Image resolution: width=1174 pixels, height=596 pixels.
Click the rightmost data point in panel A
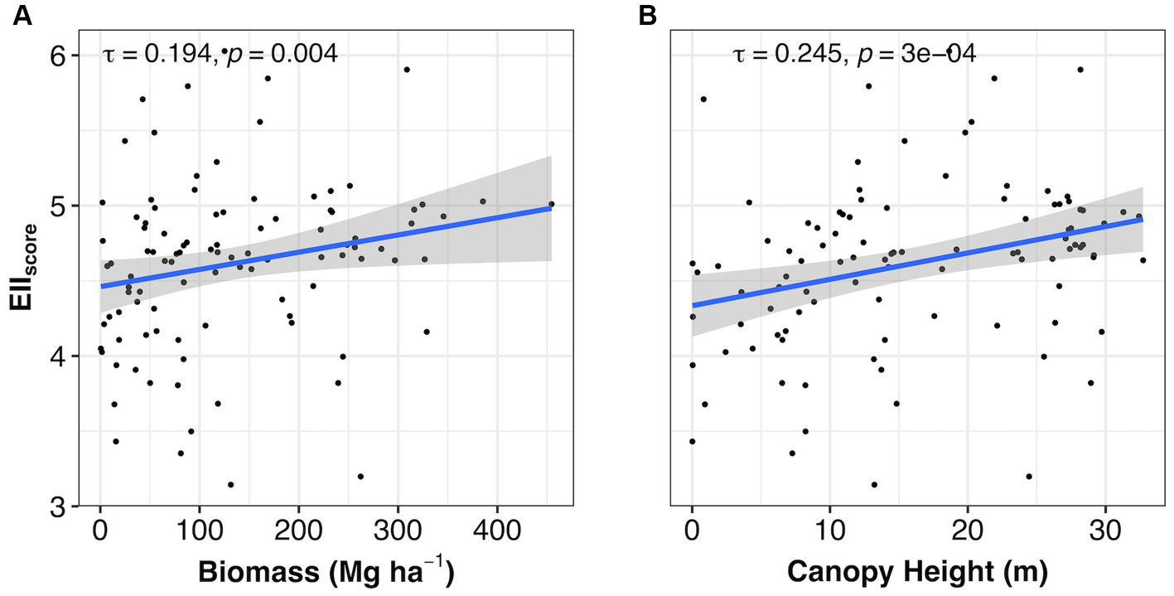[x=551, y=204]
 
